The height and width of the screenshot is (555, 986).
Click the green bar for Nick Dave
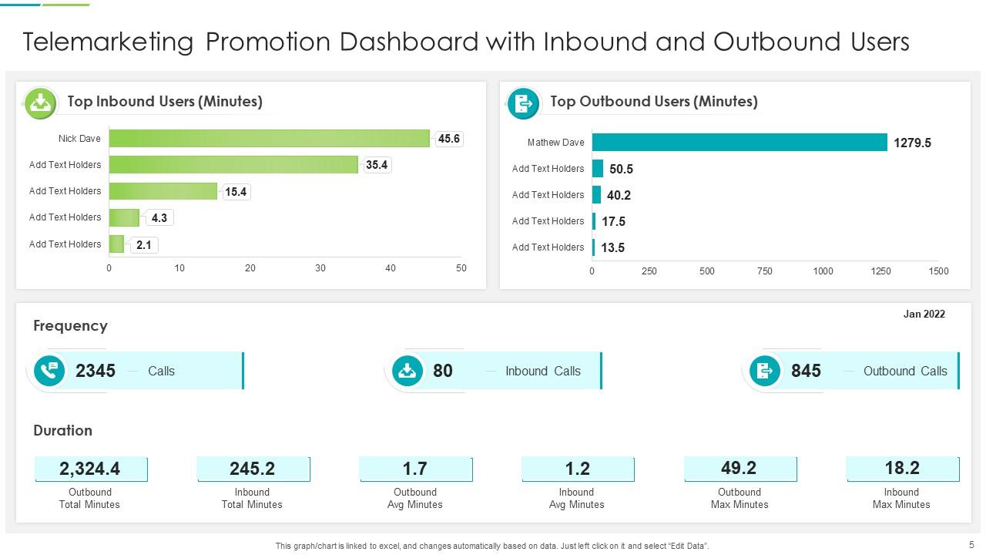269,139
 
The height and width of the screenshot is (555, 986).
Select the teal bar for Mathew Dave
739,143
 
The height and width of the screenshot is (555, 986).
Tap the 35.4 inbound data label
377,165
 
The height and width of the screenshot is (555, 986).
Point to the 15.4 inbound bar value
236,192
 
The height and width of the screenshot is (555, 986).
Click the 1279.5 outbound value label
912,143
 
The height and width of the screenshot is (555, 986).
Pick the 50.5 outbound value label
621,169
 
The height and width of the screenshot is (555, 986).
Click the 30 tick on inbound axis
320,268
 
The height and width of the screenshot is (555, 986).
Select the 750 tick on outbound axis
764,271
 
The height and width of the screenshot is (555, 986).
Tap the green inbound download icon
40,103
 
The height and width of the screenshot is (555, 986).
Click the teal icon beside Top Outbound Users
523,103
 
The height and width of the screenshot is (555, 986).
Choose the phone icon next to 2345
50,371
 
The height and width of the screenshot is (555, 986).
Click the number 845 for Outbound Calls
806,371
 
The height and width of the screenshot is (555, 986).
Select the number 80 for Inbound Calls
443,371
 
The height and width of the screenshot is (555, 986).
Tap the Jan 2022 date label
924,314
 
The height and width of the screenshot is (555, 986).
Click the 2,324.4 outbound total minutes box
90,469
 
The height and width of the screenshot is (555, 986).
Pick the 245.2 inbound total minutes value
252,469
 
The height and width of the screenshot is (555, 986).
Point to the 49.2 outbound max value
739,468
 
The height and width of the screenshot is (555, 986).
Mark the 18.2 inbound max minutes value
901,468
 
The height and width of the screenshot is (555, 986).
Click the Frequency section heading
70,326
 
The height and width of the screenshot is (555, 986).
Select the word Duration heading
62,431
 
